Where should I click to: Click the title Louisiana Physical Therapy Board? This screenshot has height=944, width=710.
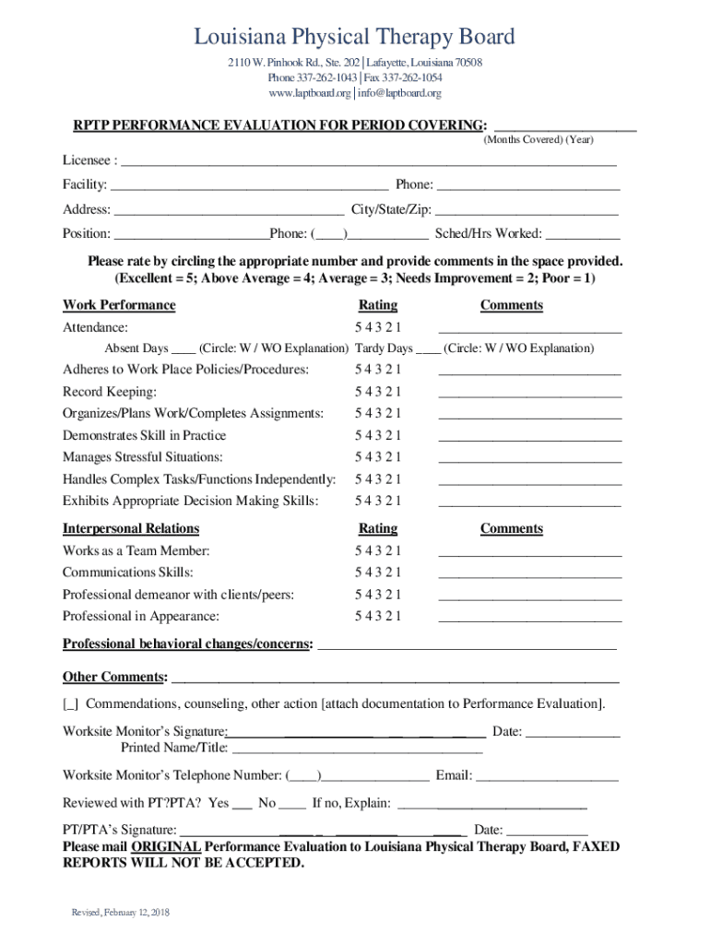click(354, 38)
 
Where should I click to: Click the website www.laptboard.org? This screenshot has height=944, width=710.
click(310, 93)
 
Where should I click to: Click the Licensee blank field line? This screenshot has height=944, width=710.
click(369, 162)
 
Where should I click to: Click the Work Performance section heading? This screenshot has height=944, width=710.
click(119, 305)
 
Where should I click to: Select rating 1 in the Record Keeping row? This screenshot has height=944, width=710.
click(398, 392)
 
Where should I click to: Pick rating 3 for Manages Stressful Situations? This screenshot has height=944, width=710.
click(378, 457)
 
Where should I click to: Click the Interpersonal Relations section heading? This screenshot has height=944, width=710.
click(131, 528)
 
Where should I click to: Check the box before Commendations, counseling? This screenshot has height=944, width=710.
click(70, 704)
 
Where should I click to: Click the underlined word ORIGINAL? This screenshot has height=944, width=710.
click(166, 846)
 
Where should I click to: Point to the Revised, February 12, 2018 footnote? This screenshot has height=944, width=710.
click(122, 913)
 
